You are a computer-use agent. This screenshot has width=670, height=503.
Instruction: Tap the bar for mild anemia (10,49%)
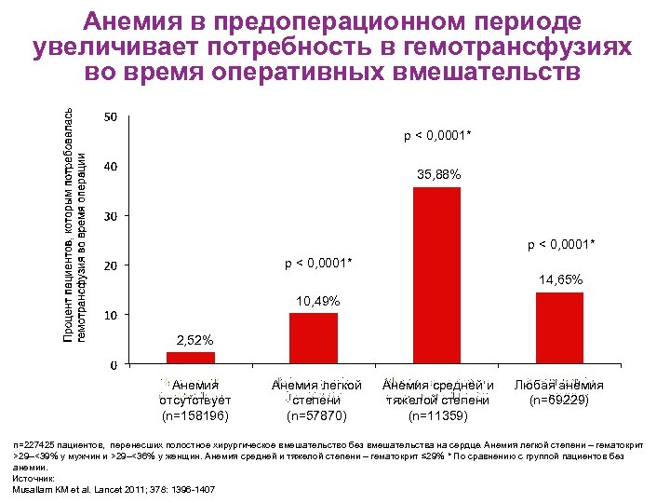pos(314,338)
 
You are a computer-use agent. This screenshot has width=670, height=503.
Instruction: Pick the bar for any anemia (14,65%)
pos(559,328)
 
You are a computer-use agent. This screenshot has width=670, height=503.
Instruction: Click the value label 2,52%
pos(195,339)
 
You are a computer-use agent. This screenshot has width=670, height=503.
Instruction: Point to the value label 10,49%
pos(317,302)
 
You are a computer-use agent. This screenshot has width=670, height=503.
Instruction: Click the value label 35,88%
pos(438,174)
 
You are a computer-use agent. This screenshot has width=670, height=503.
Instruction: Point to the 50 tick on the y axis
pos(110,117)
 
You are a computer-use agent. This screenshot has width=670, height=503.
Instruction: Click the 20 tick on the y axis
pos(110,265)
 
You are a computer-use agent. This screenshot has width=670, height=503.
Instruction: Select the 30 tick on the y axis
pos(110,216)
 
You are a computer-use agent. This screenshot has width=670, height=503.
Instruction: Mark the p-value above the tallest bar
pos(437,137)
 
